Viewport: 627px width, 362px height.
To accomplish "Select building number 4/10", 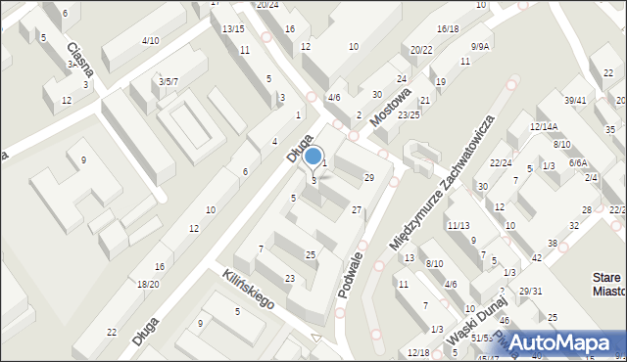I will (150, 40).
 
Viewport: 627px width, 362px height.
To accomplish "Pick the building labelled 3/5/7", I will (168, 81).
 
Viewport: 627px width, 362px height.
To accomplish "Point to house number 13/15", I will (232, 28).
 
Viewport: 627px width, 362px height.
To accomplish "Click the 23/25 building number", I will (409, 114).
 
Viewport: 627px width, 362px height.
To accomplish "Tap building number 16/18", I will (448, 29).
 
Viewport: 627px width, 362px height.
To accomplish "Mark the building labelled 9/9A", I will (480, 46).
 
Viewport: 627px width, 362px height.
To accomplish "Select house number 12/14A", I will (543, 126).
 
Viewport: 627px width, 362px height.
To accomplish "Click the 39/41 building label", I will (575, 101).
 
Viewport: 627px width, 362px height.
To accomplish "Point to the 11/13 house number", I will (458, 225).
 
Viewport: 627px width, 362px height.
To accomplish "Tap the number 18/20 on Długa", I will (148, 284).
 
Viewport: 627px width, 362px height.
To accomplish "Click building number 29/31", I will (530, 292).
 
